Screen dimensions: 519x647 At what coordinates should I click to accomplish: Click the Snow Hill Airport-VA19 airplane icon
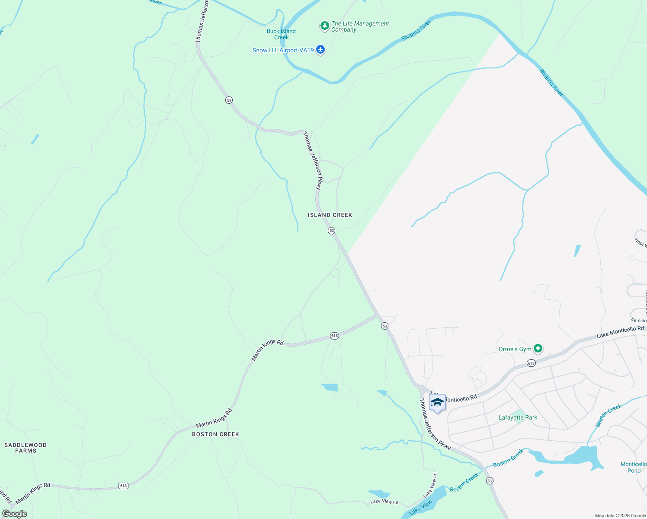click(x=320, y=50)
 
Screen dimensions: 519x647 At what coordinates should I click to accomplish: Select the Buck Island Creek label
click(x=281, y=34)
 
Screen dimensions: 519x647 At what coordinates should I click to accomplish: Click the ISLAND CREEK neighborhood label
click(x=330, y=215)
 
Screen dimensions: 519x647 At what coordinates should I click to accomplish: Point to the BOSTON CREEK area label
click(x=215, y=434)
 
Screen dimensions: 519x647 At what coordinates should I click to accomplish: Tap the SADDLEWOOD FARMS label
click(x=26, y=448)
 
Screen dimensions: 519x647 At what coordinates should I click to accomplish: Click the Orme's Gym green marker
click(x=538, y=348)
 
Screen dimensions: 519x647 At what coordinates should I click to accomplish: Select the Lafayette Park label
click(x=518, y=417)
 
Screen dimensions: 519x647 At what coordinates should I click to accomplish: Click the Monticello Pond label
click(x=634, y=467)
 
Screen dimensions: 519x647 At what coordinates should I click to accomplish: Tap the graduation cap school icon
click(x=437, y=403)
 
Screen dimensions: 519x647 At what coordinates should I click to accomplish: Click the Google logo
click(x=14, y=514)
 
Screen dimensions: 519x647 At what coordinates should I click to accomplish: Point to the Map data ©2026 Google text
click(x=620, y=516)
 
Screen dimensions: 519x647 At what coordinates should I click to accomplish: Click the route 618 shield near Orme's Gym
click(x=531, y=363)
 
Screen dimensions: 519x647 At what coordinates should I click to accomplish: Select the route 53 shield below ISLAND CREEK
click(x=332, y=231)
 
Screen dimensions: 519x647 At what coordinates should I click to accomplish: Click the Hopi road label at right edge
click(x=640, y=242)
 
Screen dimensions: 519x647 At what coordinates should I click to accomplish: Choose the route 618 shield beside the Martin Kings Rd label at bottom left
click(x=124, y=486)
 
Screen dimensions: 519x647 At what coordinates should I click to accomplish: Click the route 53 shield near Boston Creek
click(x=490, y=481)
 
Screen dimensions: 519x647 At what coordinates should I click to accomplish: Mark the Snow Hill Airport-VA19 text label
click(x=283, y=50)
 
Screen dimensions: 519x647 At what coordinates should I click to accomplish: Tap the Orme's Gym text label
click(x=515, y=349)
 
